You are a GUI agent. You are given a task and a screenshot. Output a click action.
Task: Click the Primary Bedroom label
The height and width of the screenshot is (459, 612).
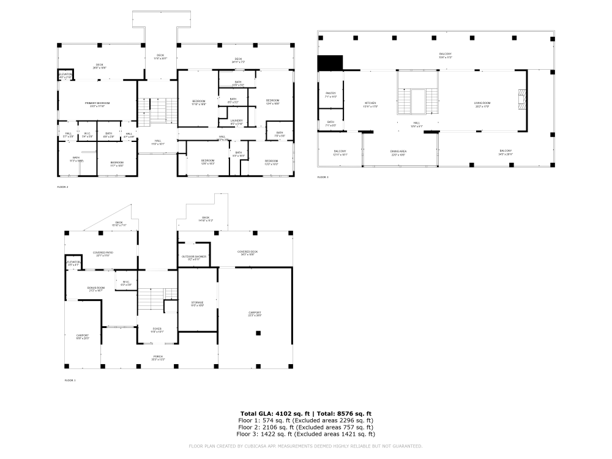click(97, 104)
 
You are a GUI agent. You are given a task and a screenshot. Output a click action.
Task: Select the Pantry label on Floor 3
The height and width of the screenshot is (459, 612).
click(331, 94)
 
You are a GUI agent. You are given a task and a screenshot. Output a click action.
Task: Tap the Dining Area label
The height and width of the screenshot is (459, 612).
click(399, 152)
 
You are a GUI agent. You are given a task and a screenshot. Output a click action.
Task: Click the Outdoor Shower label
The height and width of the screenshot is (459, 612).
click(194, 258)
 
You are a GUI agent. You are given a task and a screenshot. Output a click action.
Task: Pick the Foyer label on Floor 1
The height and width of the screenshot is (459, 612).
click(157, 330)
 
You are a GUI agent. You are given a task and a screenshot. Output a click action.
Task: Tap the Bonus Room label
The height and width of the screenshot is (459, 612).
click(96, 289)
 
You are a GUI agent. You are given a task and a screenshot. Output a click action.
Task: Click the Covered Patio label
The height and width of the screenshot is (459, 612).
click(103, 253)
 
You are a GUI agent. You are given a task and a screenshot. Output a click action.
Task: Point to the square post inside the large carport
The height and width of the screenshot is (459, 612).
click(258, 333)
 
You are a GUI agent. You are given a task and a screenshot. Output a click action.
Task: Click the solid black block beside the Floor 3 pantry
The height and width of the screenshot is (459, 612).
click(330, 62)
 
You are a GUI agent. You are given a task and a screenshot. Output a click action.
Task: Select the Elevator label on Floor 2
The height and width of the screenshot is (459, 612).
click(66, 75)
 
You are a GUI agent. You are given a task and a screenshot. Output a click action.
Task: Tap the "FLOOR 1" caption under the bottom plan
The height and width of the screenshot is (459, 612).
click(70, 380)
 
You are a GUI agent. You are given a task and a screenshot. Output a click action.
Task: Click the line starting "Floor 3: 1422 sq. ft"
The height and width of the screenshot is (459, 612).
click(306, 434)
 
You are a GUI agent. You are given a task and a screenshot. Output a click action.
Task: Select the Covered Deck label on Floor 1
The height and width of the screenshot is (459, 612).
click(248, 252)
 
